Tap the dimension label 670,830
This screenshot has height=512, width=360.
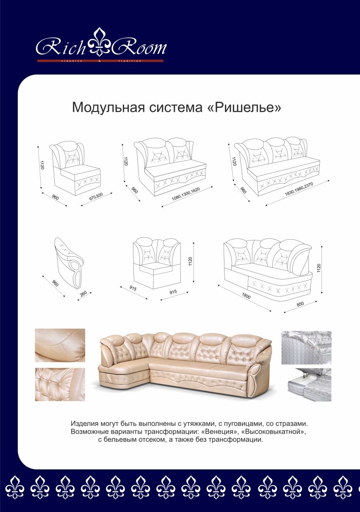(x=96, y=196)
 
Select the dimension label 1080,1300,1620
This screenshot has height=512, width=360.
(x=186, y=194)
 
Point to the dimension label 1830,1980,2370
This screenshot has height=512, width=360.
(x=299, y=189)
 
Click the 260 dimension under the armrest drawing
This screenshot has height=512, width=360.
(x=84, y=293)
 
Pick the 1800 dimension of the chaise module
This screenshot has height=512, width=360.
(x=246, y=296)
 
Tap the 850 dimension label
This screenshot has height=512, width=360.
(x=300, y=304)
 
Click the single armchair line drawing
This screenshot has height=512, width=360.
(x=75, y=169)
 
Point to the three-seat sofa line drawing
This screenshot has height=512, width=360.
(x=277, y=166)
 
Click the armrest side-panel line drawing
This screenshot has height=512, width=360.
(x=69, y=262)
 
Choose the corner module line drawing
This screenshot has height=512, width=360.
(x=157, y=263)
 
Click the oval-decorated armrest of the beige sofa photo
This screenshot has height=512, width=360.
(x=255, y=379)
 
